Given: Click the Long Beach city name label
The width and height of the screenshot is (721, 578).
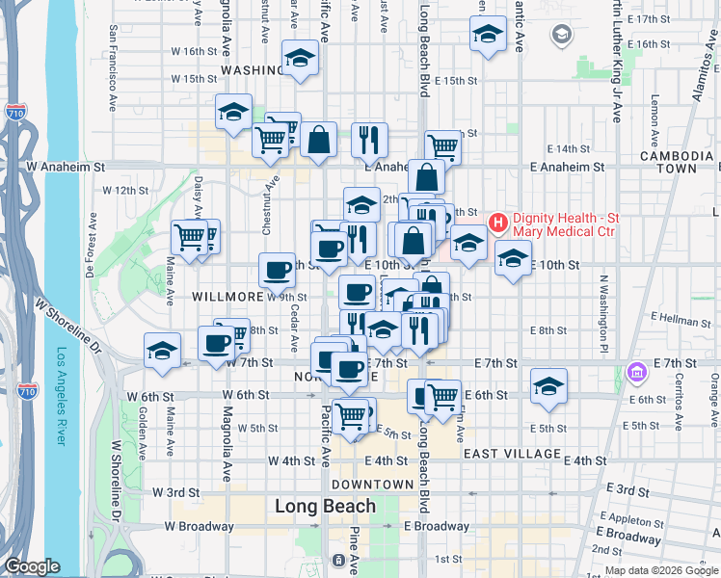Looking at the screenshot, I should (325, 506).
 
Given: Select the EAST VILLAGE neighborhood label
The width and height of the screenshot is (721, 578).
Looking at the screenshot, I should (511, 453).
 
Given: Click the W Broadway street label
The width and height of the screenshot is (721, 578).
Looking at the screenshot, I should (200, 527).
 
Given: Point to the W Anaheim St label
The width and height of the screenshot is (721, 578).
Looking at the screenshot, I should (65, 166).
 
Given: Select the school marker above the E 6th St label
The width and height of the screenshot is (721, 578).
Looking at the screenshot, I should (548, 386).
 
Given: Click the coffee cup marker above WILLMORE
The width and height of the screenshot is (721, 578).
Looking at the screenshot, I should (277, 270).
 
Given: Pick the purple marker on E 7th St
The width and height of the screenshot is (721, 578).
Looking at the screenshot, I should (636, 372).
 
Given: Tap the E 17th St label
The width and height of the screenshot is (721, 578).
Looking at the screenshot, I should (648, 18).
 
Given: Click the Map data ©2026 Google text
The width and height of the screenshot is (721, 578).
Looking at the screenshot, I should (659, 570).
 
